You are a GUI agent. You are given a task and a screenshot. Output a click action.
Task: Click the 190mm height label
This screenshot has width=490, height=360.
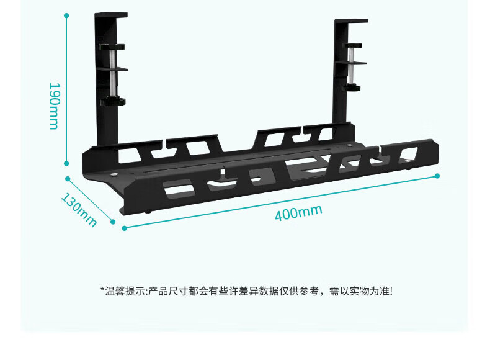[x=53, y=106]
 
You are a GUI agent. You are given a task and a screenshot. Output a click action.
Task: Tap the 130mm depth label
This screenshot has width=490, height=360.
[x=79, y=209]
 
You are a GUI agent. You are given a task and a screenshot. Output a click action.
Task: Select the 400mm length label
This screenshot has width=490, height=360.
[x=298, y=212]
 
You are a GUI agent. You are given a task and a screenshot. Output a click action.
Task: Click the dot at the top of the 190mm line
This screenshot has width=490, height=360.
[x=67, y=15]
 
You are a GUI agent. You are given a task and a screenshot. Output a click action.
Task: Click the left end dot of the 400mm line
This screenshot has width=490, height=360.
[x=124, y=228]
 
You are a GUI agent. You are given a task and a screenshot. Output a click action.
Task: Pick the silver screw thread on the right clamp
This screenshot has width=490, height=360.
[x=351, y=68]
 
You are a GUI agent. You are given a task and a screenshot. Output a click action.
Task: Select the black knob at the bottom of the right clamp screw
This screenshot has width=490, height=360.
[x=352, y=88]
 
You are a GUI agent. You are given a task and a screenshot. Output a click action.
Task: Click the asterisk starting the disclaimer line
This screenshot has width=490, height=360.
[x=102, y=290]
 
